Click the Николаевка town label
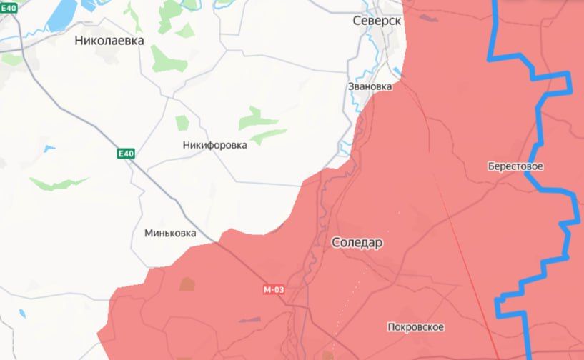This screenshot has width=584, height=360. coord(109,41)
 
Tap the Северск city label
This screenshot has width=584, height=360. coord(377,21)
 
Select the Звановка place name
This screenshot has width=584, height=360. coord(370,86)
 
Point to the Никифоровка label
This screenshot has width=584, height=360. coord(214,145)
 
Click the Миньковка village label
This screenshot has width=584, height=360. coord(169,233)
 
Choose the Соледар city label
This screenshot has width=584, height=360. coord(357,243)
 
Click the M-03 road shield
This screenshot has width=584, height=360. coord(274,289)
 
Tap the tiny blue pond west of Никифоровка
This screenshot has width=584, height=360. coord(48,149)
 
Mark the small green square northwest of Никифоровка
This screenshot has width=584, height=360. coord(182,122)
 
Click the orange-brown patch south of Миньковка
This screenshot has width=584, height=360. coord(187,284)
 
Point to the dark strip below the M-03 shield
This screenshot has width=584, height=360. coord(249,319)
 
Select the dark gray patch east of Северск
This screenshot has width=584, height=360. coord(428,19)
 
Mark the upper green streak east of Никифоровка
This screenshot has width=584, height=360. coord(254,116)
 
